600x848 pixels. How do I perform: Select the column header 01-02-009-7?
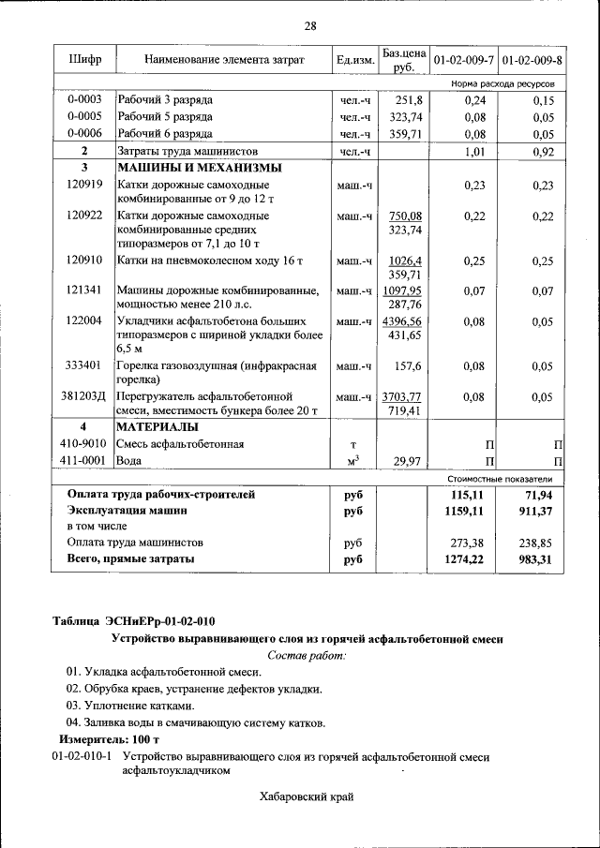(x=463, y=61)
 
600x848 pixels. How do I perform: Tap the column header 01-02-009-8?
(x=532, y=61)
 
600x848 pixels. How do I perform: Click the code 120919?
(x=84, y=186)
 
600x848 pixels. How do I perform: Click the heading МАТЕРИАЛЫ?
(x=156, y=427)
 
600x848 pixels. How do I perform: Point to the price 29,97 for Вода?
(x=409, y=461)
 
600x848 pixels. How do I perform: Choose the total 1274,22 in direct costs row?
(x=466, y=559)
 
